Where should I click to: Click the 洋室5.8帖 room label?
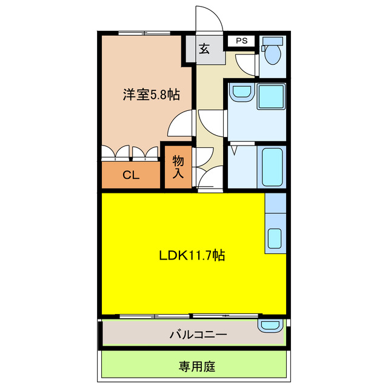point(151,95)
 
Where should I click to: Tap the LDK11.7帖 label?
point(193,255)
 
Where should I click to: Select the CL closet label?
point(131,176)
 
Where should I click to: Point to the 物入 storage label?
point(178,167)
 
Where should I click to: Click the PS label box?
point(242,41)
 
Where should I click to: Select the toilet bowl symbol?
point(273,55)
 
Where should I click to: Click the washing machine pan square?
point(270,96)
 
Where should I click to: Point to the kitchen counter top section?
point(275,203)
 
